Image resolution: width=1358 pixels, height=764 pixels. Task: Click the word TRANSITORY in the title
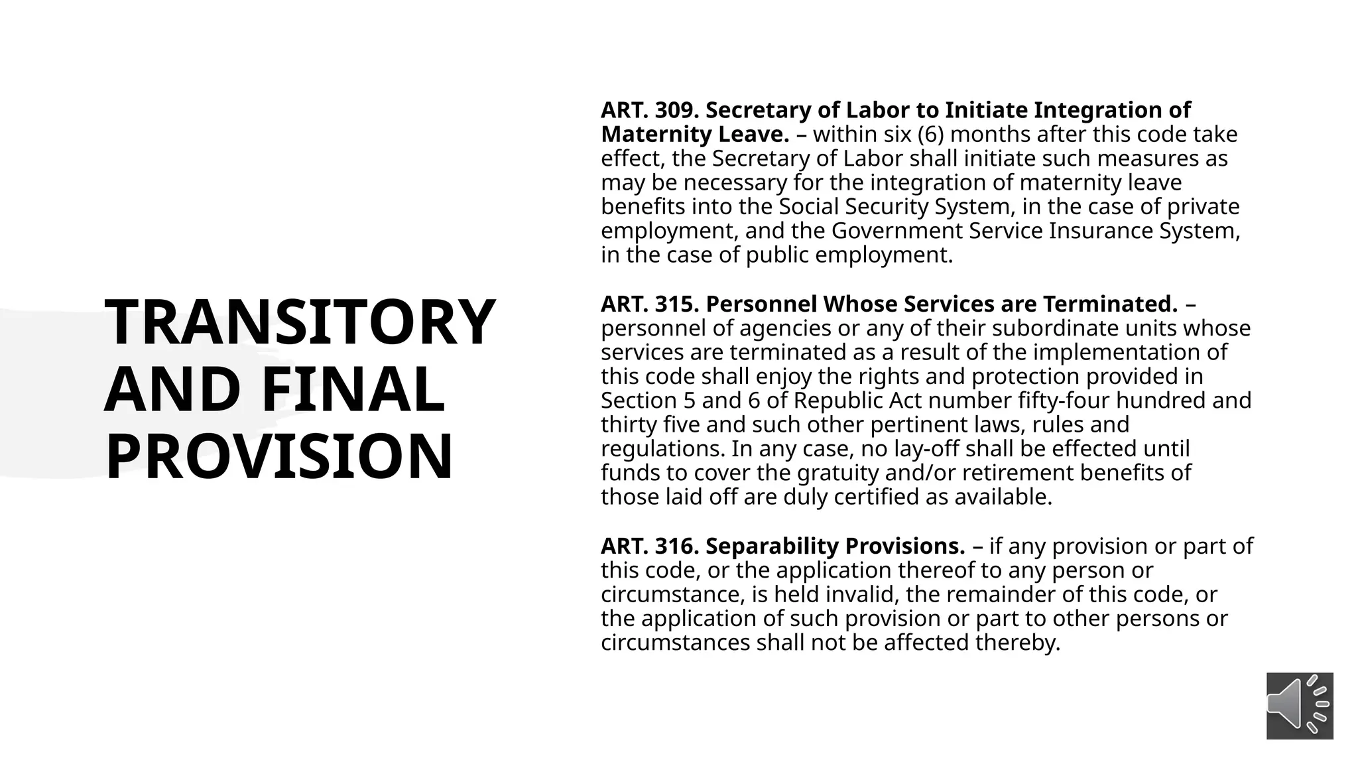(x=300, y=322)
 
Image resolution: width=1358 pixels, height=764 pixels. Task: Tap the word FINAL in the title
(x=353, y=389)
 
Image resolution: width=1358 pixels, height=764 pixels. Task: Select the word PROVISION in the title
(x=279, y=456)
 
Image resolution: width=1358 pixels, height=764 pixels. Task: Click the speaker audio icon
(x=1299, y=706)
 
